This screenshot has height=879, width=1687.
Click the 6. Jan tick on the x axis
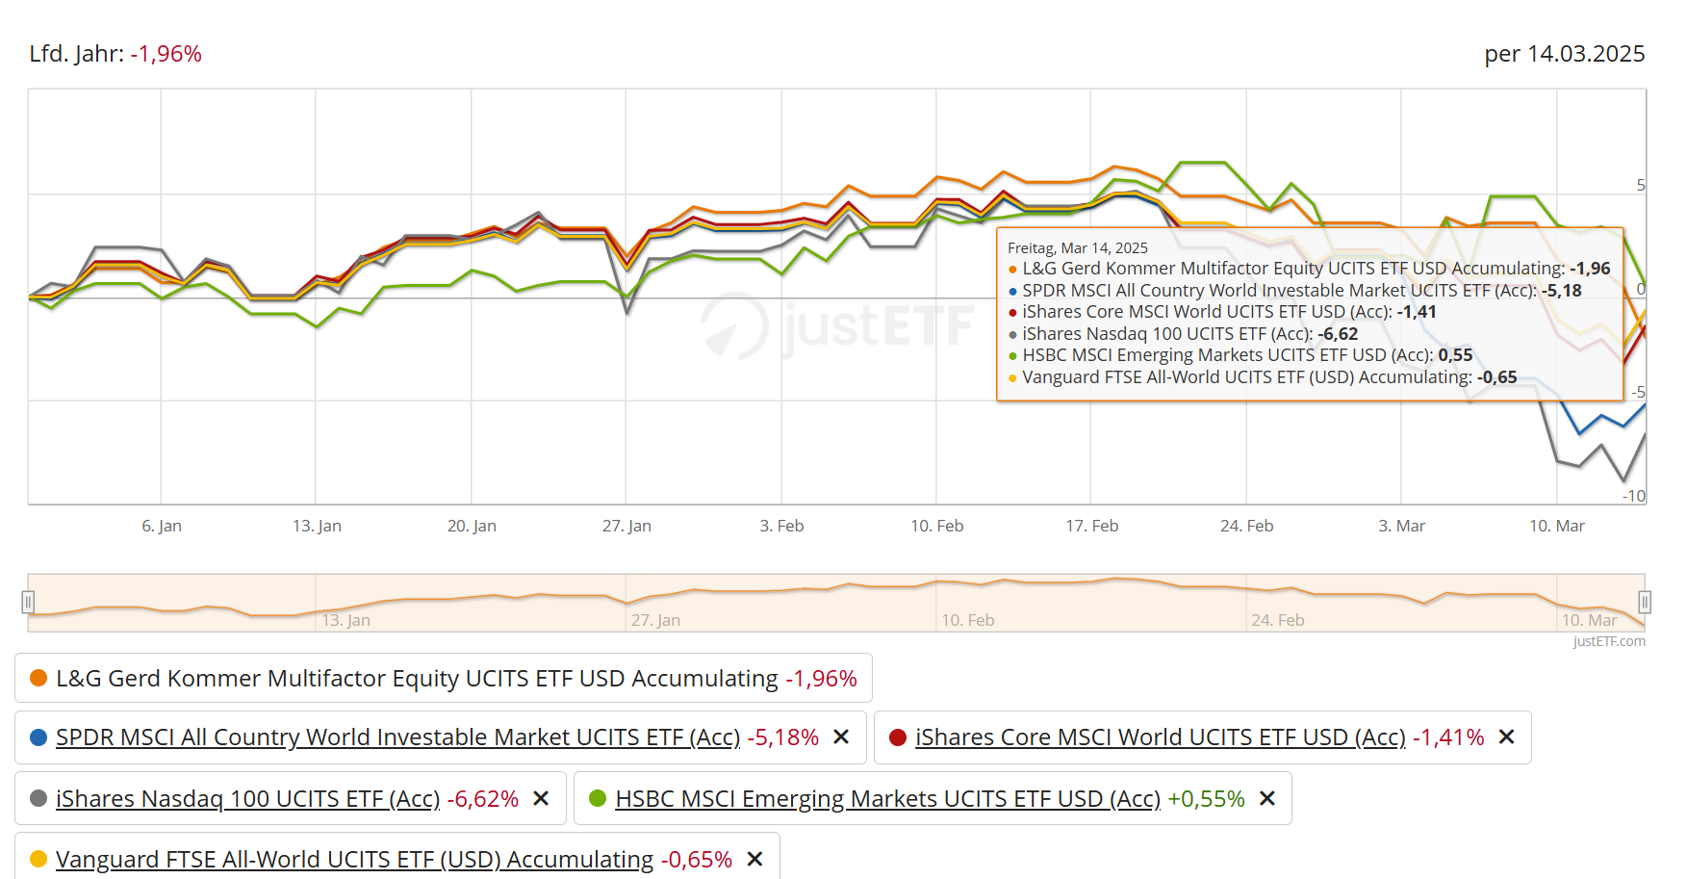coord(162,526)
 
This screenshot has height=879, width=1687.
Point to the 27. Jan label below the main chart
coord(626,526)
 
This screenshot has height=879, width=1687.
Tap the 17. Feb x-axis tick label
coord(1091,526)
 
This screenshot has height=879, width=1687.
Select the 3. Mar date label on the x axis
coord(1401,526)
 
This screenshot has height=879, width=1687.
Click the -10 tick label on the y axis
coord(1633,496)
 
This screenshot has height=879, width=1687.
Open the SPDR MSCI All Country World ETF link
coord(397,737)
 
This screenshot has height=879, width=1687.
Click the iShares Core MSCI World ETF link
coord(1160,737)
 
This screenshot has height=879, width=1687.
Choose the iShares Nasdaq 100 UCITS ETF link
coord(247,799)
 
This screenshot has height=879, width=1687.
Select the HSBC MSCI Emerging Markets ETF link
coord(887,799)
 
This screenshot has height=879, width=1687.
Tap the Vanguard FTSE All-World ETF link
coord(354,860)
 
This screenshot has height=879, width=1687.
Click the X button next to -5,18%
coord(841,737)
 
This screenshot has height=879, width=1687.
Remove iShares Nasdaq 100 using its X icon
coord(541,799)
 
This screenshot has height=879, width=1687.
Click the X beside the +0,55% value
coord(1267,799)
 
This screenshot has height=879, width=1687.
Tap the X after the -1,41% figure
coord(1507,737)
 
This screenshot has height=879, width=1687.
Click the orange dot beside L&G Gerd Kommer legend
coord(38,678)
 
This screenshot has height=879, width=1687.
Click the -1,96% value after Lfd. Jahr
coord(166,54)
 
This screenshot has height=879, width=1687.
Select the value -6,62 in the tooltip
coord(1338,334)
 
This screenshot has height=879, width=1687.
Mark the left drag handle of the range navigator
coord(28,603)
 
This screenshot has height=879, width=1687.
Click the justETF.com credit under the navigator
coord(1608,641)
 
